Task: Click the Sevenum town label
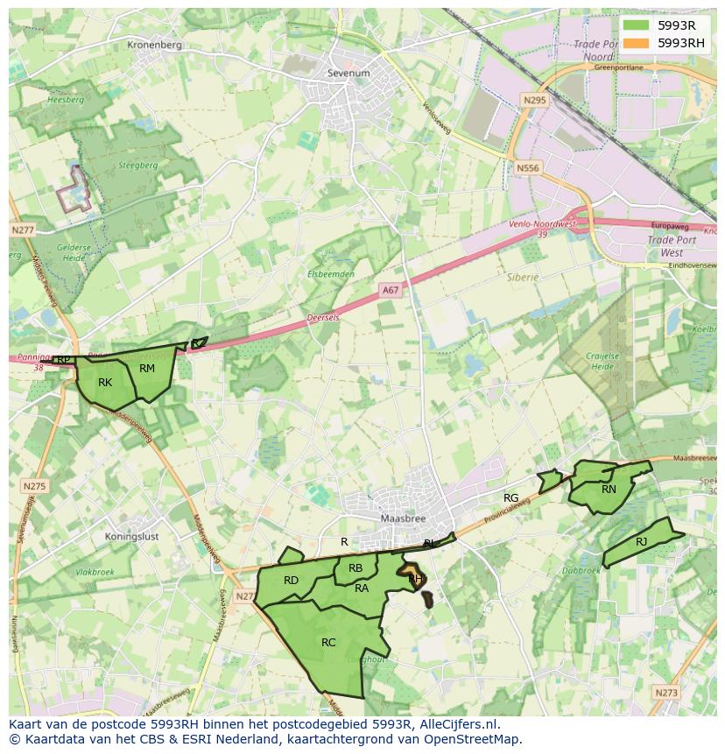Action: click(x=348, y=74)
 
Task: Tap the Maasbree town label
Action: click(x=402, y=518)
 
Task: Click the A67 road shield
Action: click(x=391, y=288)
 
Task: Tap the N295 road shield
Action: click(x=533, y=101)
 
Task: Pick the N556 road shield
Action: click(x=528, y=168)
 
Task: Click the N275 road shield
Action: click(x=34, y=486)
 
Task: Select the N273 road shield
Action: click(x=665, y=692)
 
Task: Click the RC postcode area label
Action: click(x=328, y=643)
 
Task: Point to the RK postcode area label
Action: click(x=105, y=383)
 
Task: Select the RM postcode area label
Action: click(x=147, y=369)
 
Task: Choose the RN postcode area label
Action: click(x=609, y=490)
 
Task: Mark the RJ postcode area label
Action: click(x=642, y=542)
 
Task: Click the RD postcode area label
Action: click(x=291, y=581)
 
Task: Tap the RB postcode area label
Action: click(x=355, y=568)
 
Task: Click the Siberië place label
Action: click(x=523, y=277)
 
